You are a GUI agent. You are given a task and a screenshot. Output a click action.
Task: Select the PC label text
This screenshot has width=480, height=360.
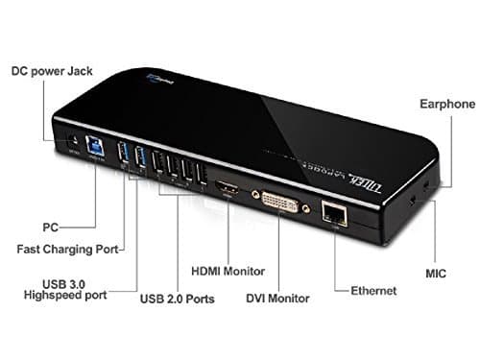coord(50,228)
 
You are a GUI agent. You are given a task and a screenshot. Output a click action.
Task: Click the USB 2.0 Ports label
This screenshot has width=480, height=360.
coord(176,300)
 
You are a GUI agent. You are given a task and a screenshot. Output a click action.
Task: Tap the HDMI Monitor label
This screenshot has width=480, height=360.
coord(228,271)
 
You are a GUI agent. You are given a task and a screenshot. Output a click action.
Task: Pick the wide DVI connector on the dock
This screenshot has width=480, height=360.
coord(277,203)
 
